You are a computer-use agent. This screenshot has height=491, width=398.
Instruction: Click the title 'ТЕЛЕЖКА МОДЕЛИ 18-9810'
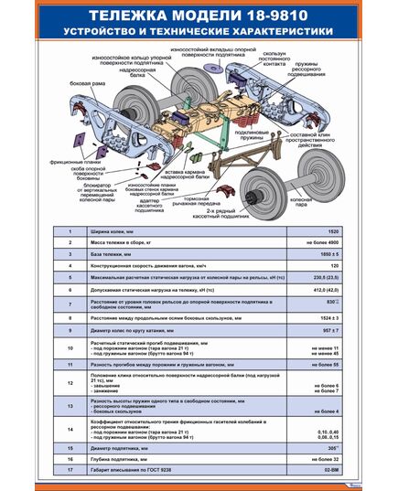[x=199, y=16]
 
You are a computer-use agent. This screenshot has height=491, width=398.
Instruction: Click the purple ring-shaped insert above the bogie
[x=217, y=69]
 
